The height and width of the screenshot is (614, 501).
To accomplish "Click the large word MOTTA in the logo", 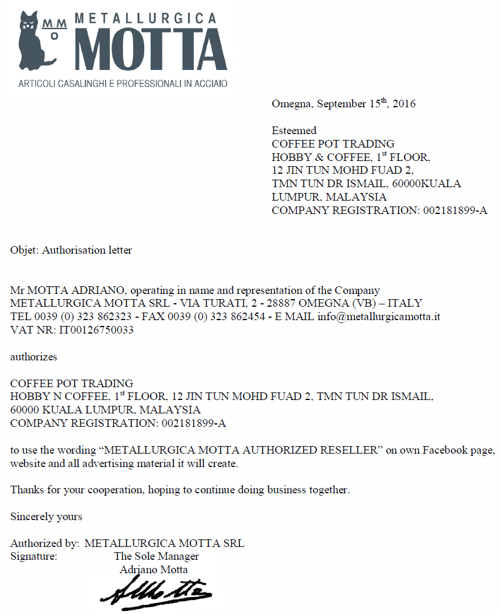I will click(x=151, y=48).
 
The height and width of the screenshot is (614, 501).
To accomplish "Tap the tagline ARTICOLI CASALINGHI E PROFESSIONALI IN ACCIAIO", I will click(x=123, y=84).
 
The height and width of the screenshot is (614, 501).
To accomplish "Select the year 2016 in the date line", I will click(x=404, y=104).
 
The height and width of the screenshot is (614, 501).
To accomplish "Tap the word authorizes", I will click(x=34, y=356).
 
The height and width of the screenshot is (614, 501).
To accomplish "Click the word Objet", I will click(x=23, y=250).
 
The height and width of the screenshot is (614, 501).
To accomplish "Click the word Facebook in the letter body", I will click(x=445, y=450).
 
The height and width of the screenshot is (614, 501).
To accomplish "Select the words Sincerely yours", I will click(x=46, y=516).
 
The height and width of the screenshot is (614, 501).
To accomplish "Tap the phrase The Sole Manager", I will click(x=156, y=556).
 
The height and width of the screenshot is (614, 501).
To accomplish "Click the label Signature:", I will click(x=34, y=556).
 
